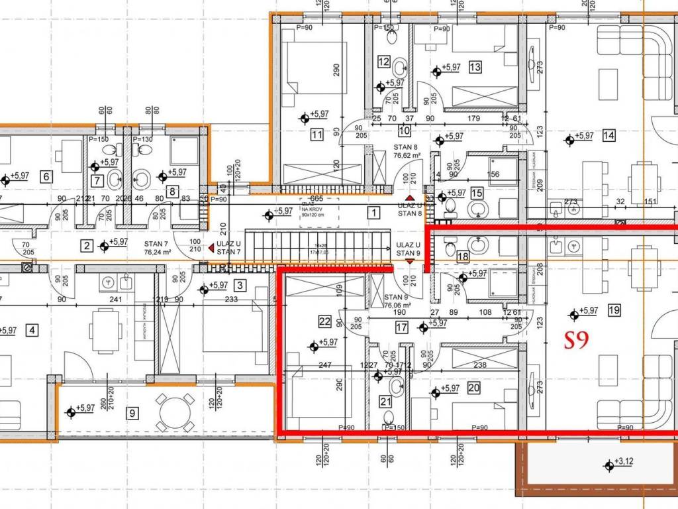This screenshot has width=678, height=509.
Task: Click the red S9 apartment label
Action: coord(577,341)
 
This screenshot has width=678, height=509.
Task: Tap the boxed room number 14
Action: coord(609,136)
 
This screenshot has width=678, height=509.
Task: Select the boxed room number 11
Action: coord(316,135)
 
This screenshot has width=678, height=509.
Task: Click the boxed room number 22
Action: coord(324,322)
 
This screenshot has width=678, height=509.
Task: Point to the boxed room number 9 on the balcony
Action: coord(133,413)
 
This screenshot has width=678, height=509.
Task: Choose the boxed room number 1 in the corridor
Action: coord(374,213)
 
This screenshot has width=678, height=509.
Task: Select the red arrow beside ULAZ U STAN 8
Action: coord(410,198)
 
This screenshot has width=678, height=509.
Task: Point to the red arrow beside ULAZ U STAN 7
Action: coord(211,248)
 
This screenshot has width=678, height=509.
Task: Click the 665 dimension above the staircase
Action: coord(316,198)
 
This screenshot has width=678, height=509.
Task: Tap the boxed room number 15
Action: coord(477,194)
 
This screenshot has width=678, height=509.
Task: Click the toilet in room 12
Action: coord(399,67)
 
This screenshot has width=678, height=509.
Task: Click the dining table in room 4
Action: coord(101,329)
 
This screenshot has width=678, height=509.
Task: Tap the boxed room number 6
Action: coord(46,176)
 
